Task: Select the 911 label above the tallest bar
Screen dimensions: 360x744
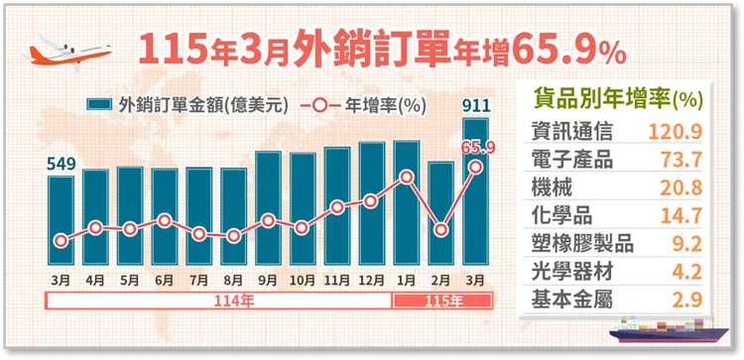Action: pyautogui.click(x=476, y=105)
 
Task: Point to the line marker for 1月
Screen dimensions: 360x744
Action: pyautogui.click(x=407, y=177)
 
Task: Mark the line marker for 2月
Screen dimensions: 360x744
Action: pyautogui.click(x=441, y=229)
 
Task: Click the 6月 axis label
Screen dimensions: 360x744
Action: pyautogui.click(x=165, y=281)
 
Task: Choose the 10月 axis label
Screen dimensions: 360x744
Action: pyautogui.click(x=303, y=281)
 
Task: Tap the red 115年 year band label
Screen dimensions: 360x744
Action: pyautogui.click(x=441, y=300)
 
